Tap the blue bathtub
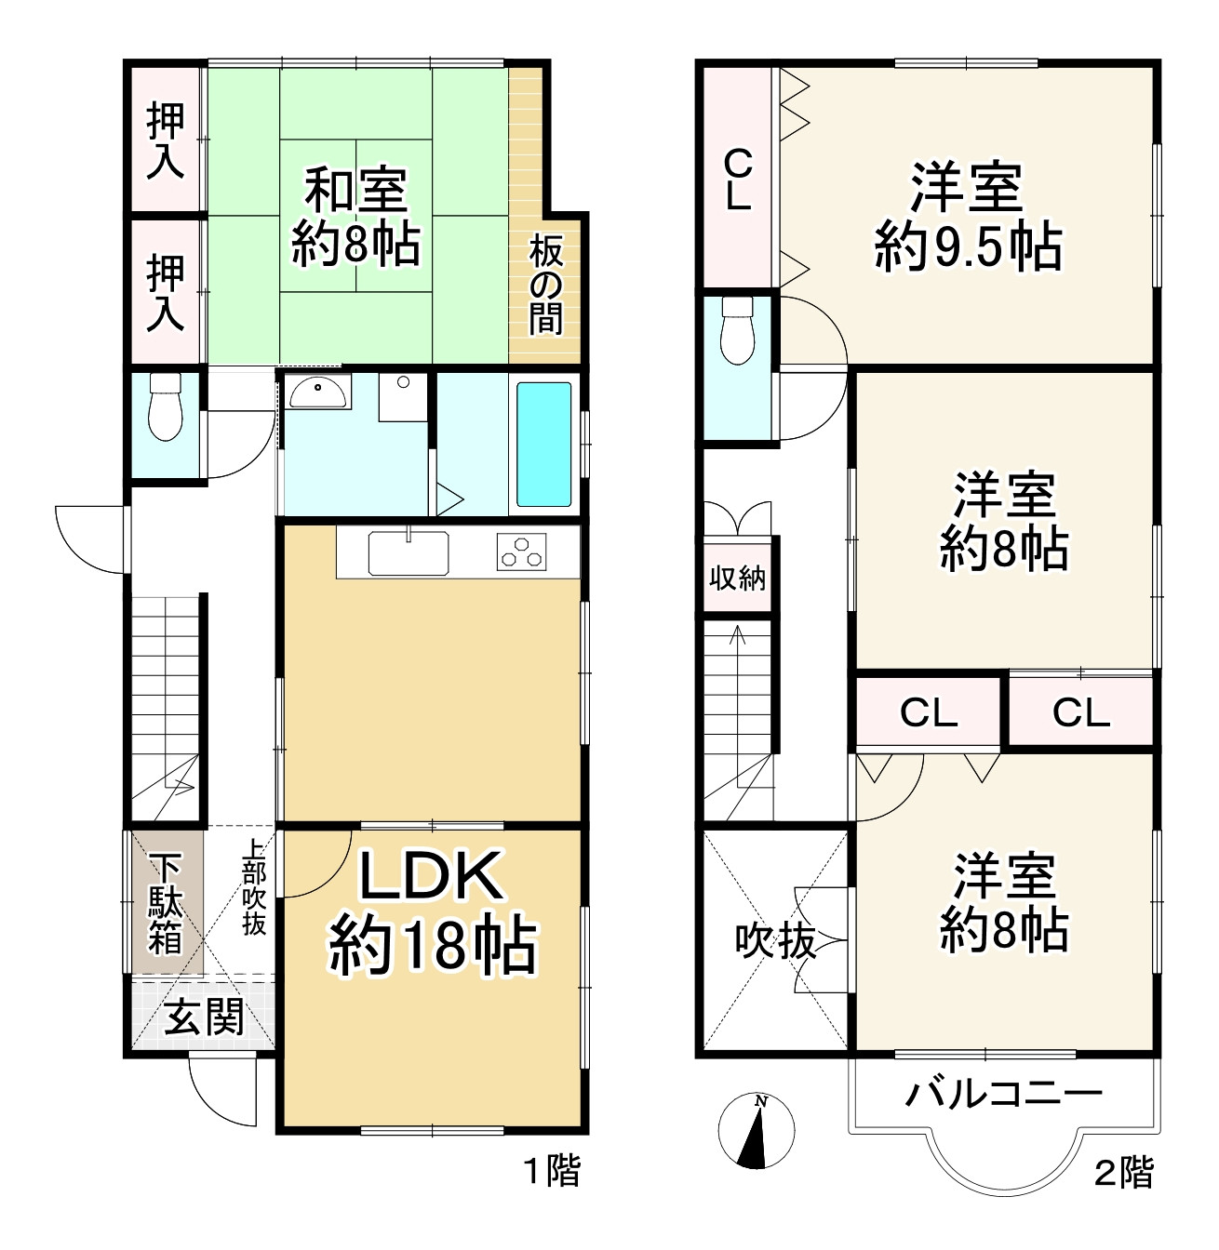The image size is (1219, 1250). click(x=543, y=445)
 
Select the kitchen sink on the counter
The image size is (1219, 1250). click(x=409, y=553)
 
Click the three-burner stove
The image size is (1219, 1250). click(x=523, y=552)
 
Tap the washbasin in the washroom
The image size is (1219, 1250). click(x=319, y=393)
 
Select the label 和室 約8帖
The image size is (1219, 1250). click(x=355, y=216)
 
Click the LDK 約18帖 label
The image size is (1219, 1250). click(x=433, y=912)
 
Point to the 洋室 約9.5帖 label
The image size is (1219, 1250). click(x=968, y=217)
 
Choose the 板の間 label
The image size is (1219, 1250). click(x=546, y=286)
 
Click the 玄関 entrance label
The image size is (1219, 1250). click(x=205, y=1017)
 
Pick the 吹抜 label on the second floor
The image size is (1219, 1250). click(x=775, y=941)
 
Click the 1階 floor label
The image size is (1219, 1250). click(x=551, y=1171)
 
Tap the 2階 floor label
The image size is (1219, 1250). click(x=1123, y=1172)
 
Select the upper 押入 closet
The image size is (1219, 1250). click(x=166, y=140)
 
